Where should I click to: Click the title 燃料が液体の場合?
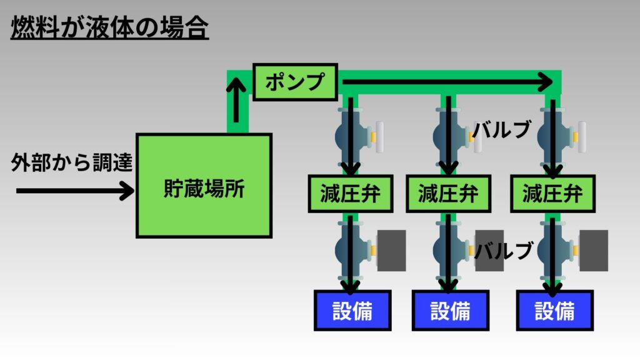pos(109,28)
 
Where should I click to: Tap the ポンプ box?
pos(296,81)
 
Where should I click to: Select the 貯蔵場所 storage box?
pos(204,186)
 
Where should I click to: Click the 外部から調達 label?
pos(72,164)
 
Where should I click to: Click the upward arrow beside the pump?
pos(237,104)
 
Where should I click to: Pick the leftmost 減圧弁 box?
pos(352,194)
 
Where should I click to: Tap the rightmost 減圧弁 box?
pos(552,194)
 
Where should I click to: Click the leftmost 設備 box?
pos(352,310)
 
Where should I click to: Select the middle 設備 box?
pos(450,310)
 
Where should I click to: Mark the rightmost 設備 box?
pos(554,310)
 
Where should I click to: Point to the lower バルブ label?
pos(503,250)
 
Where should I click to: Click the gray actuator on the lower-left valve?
pos(391,250)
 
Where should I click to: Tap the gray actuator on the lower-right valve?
pos(594,250)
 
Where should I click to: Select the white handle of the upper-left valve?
pos(379,137)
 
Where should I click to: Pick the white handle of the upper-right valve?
pos(581,137)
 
